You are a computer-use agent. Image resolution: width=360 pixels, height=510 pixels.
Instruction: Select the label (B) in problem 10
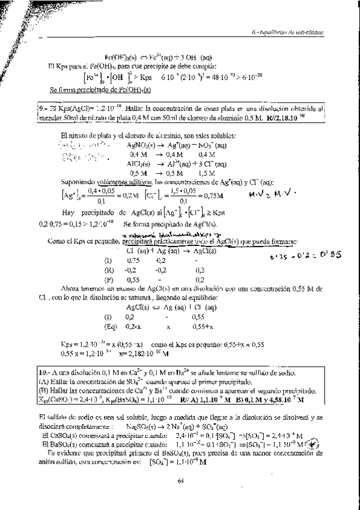click(x=43, y=390)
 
